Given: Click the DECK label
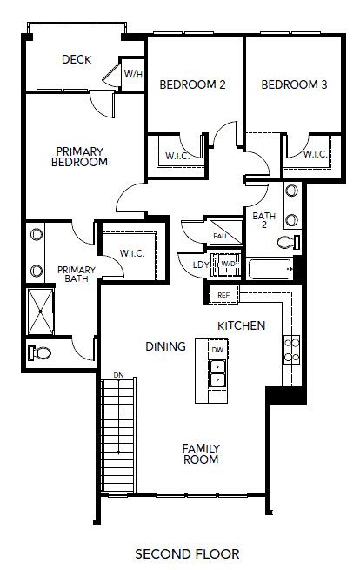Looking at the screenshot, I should [77, 60].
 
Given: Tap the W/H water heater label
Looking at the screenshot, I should [133, 75].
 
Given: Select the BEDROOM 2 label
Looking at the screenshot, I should [193, 85].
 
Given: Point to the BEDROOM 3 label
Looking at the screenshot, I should [294, 85].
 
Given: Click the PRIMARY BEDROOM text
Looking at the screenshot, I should [79, 156].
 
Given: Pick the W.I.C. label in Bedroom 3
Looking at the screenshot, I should [314, 155].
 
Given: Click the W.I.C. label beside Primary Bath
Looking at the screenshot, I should [132, 253].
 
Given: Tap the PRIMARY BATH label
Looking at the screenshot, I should [76, 275].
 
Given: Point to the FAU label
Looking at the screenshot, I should [219, 235].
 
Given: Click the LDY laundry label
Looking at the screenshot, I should [199, 265].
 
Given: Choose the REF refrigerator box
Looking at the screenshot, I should [223, 296].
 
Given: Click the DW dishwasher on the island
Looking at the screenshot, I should [217, 350].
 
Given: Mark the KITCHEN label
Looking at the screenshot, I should [241, 325].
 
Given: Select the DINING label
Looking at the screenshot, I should [166, 346].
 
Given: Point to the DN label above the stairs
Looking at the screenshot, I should [118, 376].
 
